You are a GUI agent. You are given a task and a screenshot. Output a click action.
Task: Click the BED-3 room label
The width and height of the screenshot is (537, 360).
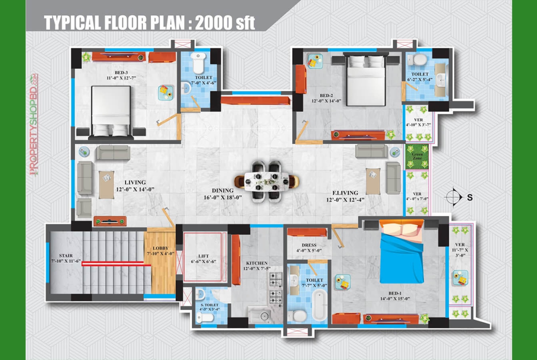(121, 72)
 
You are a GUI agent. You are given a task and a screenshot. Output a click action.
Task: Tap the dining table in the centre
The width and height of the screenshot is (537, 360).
(267, 181)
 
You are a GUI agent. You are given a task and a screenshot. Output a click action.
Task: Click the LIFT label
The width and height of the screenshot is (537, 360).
(203, 256)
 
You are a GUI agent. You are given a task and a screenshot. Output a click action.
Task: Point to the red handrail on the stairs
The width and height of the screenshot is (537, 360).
(117, 264)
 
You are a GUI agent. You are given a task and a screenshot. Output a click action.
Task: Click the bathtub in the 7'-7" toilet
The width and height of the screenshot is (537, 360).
(319, 305)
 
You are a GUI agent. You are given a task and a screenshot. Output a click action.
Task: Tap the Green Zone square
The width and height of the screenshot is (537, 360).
(417, 157)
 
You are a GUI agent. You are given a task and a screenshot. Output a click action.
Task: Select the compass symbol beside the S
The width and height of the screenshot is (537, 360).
(453, 197)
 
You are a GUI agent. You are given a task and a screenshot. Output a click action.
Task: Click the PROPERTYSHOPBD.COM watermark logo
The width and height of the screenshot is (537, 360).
(34, 125)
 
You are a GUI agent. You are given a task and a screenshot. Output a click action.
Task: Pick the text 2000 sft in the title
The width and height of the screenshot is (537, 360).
(225, 22)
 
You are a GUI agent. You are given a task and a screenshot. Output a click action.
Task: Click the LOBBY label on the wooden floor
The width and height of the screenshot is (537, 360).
(161, 248)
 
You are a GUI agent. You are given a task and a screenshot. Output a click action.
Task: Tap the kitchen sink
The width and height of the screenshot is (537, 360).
(260, 316)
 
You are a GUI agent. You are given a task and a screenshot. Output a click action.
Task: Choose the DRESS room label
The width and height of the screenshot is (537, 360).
(309, 245)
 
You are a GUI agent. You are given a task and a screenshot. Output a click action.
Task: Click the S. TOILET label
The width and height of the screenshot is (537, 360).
(210, 305)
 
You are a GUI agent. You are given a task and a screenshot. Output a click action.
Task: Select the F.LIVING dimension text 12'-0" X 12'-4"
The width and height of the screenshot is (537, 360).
(345, 200)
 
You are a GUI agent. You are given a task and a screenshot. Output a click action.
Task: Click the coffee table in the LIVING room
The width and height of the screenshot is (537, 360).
(106, 185)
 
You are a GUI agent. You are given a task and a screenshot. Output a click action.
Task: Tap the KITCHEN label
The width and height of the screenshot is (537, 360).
(257, 263)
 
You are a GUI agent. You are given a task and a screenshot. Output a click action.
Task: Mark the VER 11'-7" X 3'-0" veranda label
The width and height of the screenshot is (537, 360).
(460, 250)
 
